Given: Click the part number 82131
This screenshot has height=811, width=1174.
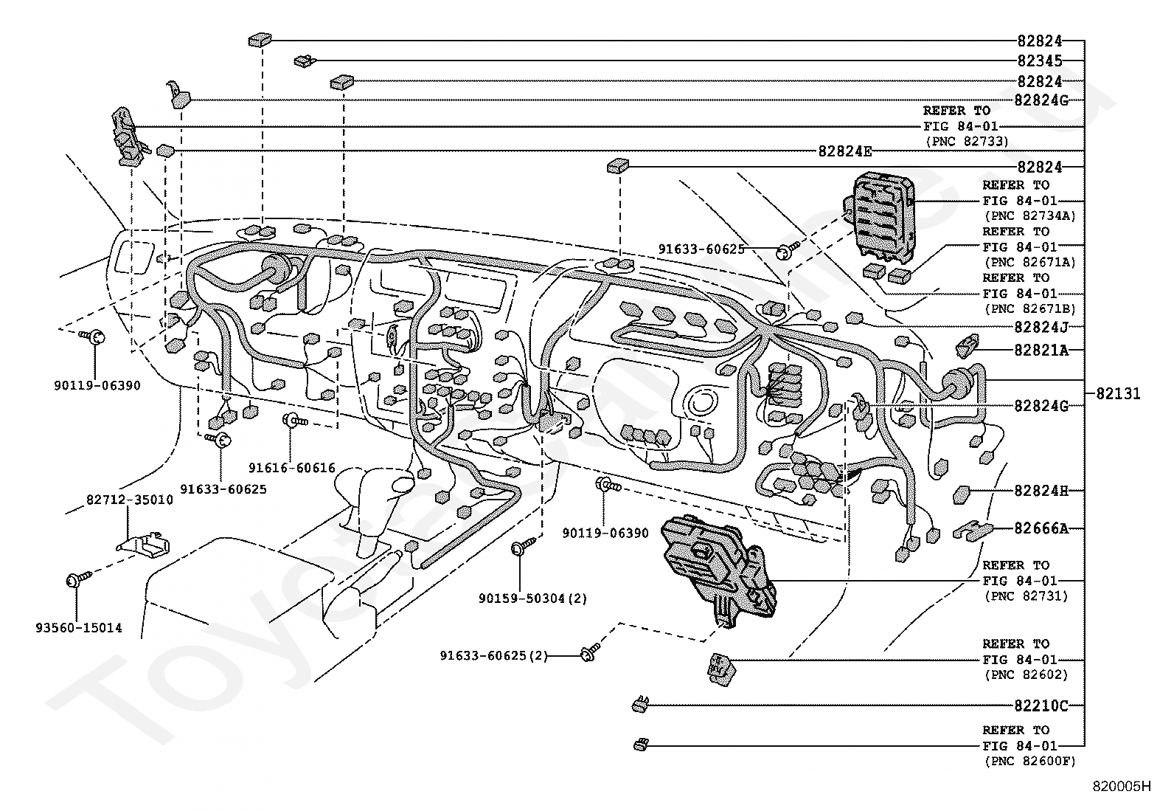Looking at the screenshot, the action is click(1118, 393).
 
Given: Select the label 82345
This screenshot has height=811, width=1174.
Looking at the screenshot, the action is click(1040, 61).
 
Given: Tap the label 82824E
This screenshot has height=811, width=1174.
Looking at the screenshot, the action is click(845, 151).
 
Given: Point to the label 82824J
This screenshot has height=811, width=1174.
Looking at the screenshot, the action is click(1041, 327).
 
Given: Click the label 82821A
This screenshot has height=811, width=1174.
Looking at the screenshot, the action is click(1041, 350).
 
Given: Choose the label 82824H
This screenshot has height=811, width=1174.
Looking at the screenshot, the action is click(1041, 491).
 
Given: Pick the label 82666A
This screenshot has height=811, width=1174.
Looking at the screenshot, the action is click(1041, 528).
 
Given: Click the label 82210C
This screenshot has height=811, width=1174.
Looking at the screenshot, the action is click(1041, 705).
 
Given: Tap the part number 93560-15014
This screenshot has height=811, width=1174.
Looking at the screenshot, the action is click(79, 627).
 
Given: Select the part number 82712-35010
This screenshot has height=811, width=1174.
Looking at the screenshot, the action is click(130, 500).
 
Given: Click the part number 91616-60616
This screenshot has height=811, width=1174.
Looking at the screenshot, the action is click(291, 467).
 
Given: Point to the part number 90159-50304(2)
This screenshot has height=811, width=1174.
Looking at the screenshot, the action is click(532, 598).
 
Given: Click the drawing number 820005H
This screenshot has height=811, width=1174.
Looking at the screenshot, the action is click(1122, 787).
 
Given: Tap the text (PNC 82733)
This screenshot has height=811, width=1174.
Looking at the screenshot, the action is click(967, 141).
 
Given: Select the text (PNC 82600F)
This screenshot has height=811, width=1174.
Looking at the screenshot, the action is click(1030, 761).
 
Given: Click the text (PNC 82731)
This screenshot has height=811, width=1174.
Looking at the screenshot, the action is click(1027, 596).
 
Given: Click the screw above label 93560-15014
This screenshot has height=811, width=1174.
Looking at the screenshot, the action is click(78, 579).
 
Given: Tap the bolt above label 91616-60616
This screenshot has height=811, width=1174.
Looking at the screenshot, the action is click(294, 420).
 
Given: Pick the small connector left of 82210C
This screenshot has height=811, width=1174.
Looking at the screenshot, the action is click(640, 704).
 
